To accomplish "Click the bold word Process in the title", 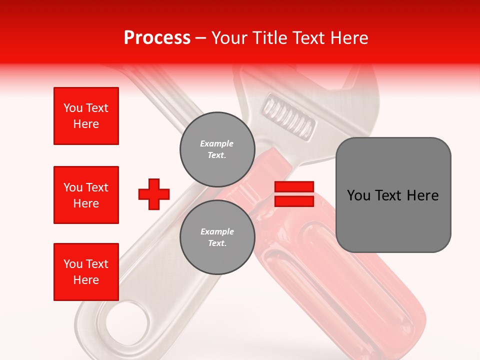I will (157, 38).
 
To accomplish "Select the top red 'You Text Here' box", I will (86, 116).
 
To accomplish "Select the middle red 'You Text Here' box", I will (86, 195).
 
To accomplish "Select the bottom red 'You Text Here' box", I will (86, 271).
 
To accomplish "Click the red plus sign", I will (153, 194).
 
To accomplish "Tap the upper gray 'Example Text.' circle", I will (217, 149).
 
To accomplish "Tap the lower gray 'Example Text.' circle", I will (217, 237).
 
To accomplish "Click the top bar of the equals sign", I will (294, 187).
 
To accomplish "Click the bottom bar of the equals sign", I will (294, 201).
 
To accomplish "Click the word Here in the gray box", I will (422, 195).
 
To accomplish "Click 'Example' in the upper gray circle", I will (216, 143).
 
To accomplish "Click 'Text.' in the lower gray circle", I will (217, 243).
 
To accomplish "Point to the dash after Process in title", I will (200, 38).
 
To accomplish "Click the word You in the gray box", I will (359, 195).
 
